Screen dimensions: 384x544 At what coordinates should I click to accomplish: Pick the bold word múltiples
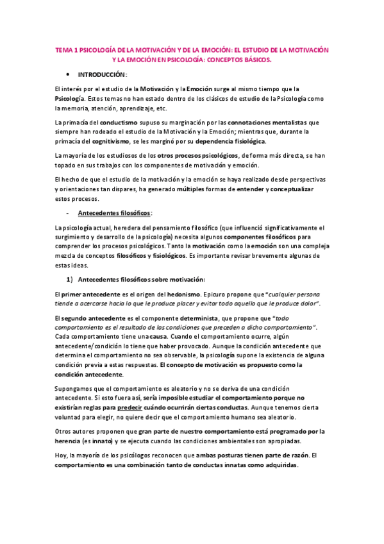point(195,189)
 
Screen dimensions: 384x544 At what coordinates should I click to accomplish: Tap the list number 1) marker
point(71,261)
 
